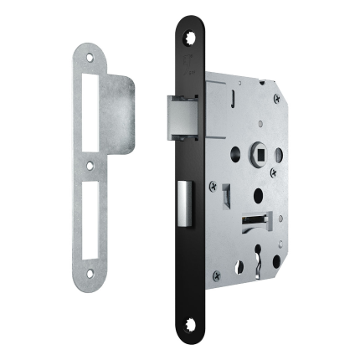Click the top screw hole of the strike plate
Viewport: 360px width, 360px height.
90,58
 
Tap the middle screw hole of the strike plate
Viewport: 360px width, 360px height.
90,167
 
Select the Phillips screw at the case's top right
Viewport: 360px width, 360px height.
276,98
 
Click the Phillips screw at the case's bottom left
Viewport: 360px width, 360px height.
216,274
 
